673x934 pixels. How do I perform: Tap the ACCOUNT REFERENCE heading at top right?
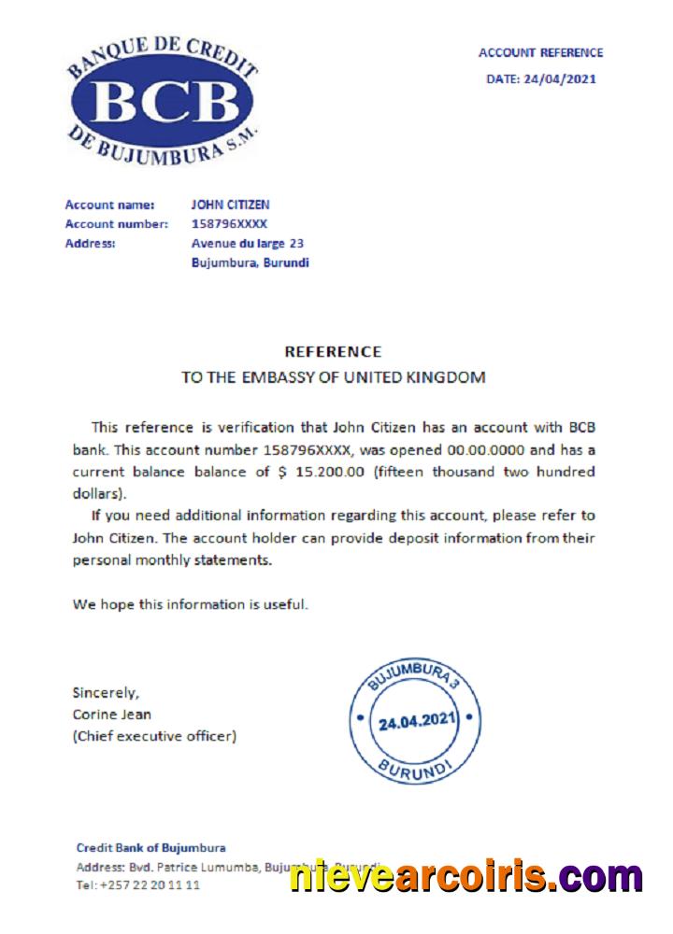(540, 53)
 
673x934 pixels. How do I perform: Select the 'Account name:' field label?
(103, 205)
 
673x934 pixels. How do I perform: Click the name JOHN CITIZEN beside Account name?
(231, 205)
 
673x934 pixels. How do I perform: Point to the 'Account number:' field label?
(116, 224)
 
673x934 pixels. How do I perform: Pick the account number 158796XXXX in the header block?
(229, 224)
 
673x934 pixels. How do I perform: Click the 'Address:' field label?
(90, 244)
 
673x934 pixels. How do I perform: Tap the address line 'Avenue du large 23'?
(246, 244)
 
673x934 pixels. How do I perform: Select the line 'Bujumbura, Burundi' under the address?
(250, 263)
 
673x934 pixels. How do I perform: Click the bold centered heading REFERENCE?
(332, 352)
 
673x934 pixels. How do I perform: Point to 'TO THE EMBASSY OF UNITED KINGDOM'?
(333, 378)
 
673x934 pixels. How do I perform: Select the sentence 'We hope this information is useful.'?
(190, 604)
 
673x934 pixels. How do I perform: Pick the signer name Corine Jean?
(111, 715)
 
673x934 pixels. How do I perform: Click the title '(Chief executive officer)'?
(154, 736)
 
